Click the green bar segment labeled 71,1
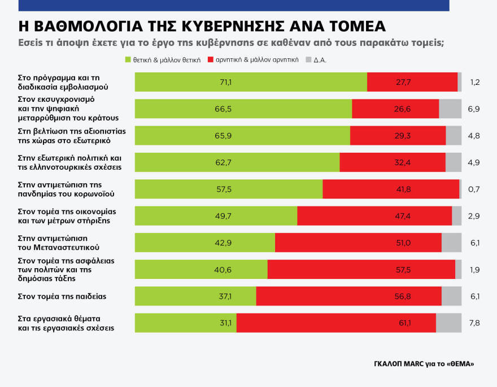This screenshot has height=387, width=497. [x=251, y=82]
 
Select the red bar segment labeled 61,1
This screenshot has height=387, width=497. [x=336, y=322]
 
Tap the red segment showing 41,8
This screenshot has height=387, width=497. [x=391, y=189]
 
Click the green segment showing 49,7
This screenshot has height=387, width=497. [x=216, y=216]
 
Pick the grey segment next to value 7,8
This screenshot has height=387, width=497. [x=448, y=322]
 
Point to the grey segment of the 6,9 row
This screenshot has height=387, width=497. [x=450, y=109]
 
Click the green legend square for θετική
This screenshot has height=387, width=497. [x=128, y=59]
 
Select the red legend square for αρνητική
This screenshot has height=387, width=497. [x=211, y=59]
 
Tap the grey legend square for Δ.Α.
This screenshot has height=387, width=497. [x=308, y=59]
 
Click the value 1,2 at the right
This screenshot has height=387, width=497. [x=474, y=82]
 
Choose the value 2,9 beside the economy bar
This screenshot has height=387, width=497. [x=474, y=216]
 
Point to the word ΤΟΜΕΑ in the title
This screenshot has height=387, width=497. [x=359, y=27]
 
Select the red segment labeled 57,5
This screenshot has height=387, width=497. [x=361, y=269]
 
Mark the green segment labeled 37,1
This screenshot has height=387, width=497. [x=195, y=296]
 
